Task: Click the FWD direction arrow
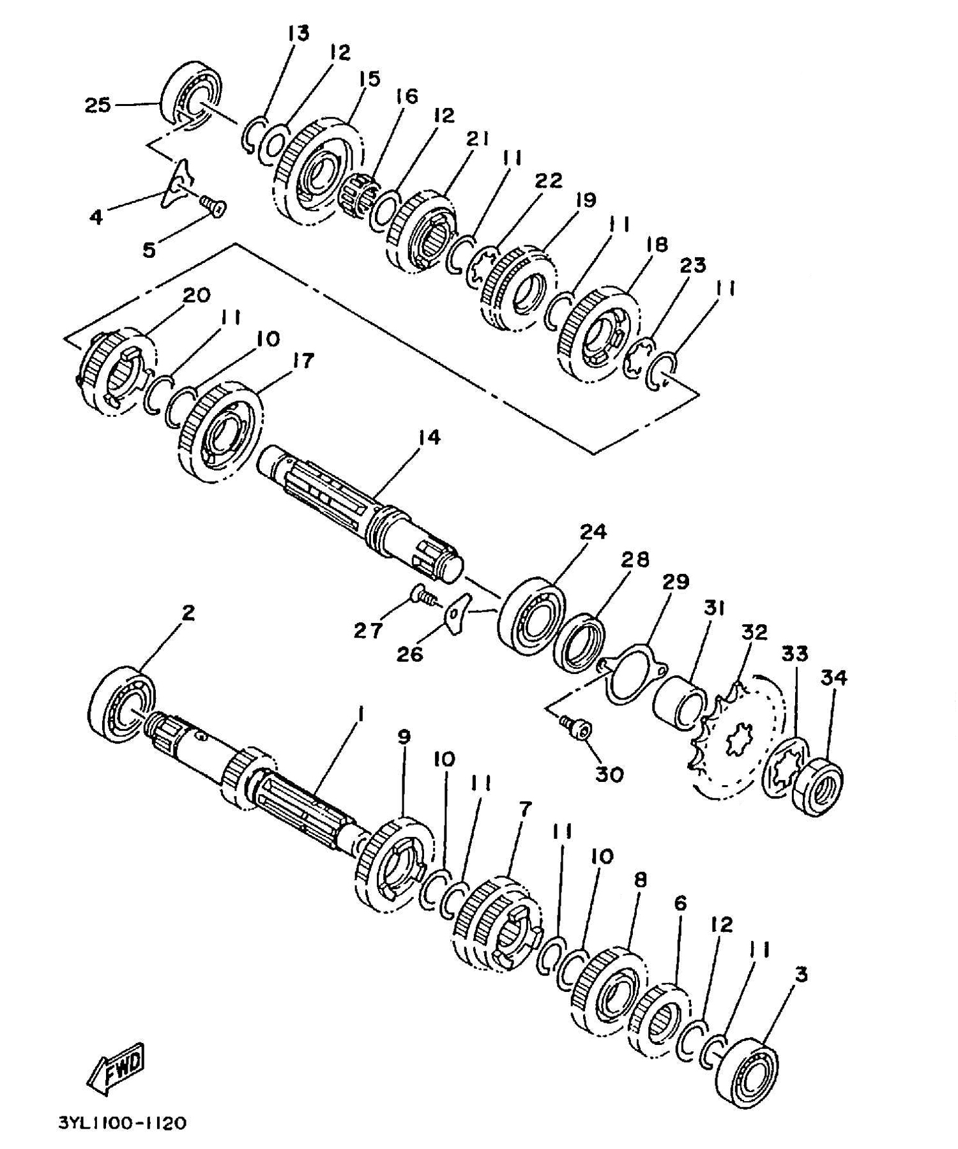point(117,1065)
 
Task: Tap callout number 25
point(98,105)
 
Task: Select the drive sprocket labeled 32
point(734,744)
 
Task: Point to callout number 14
point(429,438)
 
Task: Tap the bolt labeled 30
point(579,730)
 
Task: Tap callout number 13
point(298,33)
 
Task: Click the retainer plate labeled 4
point(176,185)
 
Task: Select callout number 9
point(404,737)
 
